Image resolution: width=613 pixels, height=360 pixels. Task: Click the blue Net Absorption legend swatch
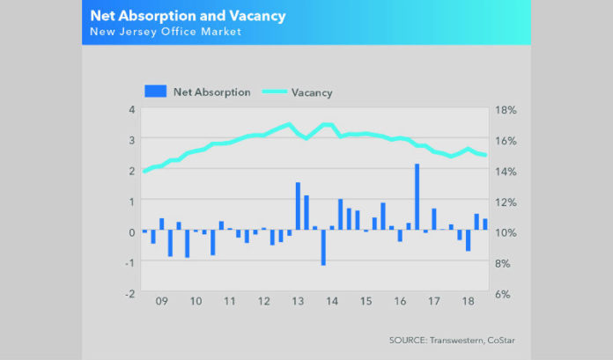[x=155, y=91]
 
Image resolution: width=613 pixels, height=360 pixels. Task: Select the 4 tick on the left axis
[x=131, y=110]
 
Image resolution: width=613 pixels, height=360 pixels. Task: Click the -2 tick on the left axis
[x=129, y=293]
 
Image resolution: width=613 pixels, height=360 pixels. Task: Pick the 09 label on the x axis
[x=161, y=301]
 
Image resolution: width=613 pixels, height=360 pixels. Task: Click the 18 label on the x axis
[x=468, y=301]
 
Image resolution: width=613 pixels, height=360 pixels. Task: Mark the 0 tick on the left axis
[x=131, y=231]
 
